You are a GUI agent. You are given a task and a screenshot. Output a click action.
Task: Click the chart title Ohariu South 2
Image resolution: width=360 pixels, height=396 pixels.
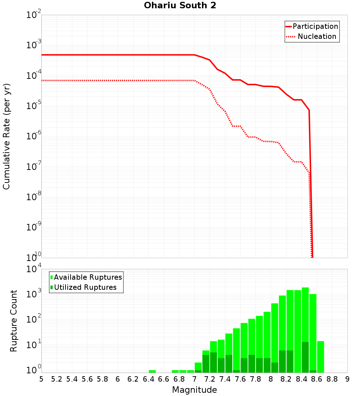point(180,6)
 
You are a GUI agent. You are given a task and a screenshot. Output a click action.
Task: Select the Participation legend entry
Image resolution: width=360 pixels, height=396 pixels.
point(315,26)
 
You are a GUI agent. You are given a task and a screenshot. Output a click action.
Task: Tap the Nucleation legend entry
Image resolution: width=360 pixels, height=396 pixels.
point(317,36)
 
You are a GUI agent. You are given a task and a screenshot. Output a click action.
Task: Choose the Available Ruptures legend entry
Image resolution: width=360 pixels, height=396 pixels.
point(88,277)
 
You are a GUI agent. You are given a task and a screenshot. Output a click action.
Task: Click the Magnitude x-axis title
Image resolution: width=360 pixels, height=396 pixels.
point(194,390)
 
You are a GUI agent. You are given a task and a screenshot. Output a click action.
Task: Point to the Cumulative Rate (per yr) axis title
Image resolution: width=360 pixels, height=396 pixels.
point(6,136)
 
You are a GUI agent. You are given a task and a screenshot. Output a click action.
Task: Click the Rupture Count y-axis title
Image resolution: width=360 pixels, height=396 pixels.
point(14,320)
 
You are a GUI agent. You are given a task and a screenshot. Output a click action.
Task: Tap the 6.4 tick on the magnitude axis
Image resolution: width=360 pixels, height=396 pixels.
point(148,379)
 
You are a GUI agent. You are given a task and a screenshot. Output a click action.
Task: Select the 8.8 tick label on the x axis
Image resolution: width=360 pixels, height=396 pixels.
point(332,379)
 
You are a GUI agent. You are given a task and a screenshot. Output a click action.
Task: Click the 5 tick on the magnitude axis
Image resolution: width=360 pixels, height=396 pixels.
point(41,379)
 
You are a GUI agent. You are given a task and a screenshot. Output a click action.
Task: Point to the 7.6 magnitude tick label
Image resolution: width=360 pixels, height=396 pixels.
point(240,379)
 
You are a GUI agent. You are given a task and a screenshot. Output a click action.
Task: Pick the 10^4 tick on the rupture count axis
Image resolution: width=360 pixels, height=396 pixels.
point(34,269)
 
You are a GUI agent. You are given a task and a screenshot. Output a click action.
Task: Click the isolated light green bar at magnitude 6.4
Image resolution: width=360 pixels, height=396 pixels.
point(152,371)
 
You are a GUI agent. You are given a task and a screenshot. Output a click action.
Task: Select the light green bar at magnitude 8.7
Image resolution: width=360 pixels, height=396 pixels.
point(320,357)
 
